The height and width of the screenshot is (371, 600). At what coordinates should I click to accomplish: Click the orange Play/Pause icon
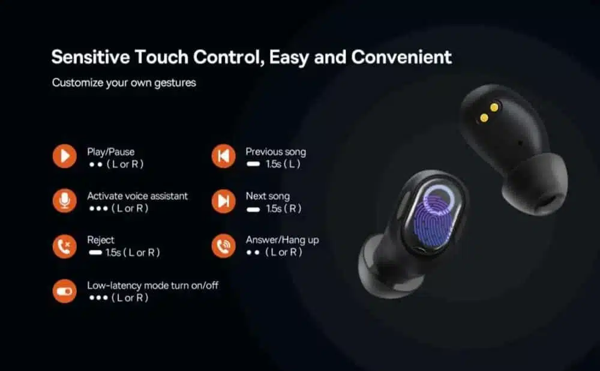point(65,156)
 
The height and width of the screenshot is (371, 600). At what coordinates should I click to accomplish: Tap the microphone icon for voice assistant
point(65,201)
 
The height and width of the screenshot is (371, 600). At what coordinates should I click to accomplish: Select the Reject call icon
point(65,246)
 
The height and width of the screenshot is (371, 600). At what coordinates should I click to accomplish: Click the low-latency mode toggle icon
point(65,291)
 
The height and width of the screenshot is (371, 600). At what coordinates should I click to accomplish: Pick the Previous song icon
point(223,156)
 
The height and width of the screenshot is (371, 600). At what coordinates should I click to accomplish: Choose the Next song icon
point(223,201)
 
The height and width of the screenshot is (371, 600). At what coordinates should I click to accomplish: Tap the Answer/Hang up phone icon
point(223,246)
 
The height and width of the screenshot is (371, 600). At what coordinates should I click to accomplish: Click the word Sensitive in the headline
point(91,57)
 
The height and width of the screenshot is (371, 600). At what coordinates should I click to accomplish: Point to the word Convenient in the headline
point(401,57)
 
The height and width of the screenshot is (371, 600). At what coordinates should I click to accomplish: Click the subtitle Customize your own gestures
point(124,83)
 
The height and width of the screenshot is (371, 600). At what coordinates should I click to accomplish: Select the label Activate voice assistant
point(137,196)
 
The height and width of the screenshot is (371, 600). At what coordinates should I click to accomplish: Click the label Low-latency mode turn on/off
point(152,285)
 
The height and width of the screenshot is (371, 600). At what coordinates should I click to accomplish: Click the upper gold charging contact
point(494,107)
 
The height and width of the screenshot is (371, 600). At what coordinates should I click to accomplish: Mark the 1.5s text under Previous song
point(274,164)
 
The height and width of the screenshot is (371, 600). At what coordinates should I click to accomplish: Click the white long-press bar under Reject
point(95,252)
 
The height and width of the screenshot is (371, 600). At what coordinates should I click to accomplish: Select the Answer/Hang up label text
point(283,240)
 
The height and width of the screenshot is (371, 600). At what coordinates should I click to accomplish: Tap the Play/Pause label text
point(110,152)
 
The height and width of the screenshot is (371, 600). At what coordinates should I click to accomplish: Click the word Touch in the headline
point(161,57)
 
